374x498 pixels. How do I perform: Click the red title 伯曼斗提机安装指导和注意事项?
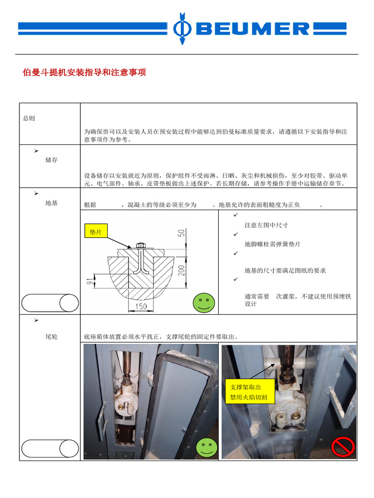pos(84,73)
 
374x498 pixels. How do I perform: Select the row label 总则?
pos(29,119)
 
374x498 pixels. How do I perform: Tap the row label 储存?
pos(51,160)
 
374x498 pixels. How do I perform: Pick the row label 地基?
pos(51,203)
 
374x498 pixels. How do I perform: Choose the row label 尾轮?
pos(51,337)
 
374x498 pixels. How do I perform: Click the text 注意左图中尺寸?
pos(266,226)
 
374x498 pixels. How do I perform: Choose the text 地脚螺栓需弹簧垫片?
pos(272,244)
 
